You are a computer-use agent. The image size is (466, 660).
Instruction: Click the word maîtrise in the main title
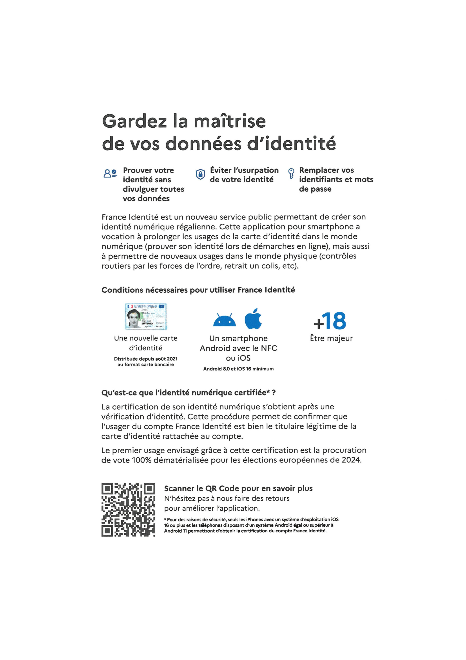pos(230,121)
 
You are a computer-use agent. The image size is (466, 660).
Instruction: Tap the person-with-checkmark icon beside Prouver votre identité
pos(110,173)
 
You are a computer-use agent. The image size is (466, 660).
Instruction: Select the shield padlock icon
pos(200,174)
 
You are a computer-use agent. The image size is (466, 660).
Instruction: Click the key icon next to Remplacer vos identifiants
pos(291,173)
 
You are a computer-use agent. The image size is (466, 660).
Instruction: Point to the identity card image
pos(146,317)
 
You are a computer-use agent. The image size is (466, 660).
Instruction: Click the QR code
pos(128,510)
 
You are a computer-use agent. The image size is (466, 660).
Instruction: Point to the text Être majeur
pos(331,338)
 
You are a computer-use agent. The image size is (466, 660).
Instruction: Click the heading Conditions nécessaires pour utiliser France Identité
pos(198,290)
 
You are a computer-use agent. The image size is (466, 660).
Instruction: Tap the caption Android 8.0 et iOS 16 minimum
pos(238,369)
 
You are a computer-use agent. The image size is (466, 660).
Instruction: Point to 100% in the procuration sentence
pos(141,460)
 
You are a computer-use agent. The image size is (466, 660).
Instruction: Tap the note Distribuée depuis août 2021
pos(146,359)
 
